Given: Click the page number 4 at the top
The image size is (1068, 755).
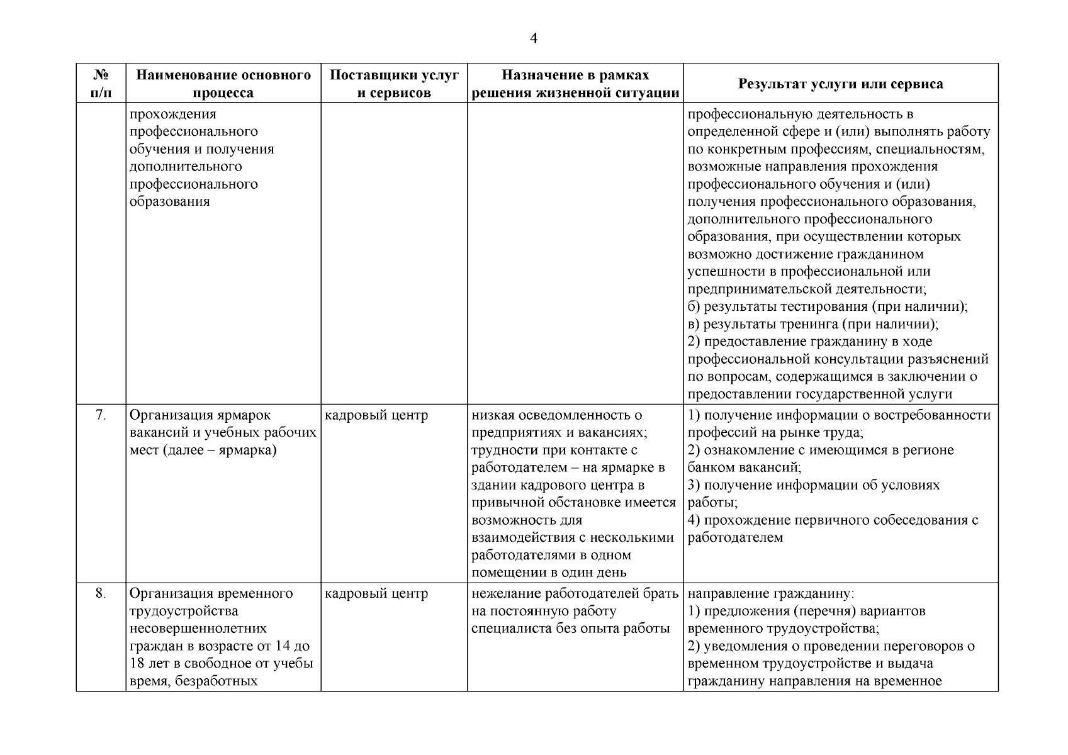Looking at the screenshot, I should click(x=534, y=39).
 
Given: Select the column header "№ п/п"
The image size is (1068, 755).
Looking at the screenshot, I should click(x=101, y=84).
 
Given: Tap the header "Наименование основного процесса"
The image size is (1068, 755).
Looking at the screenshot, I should click(x=223, y=84).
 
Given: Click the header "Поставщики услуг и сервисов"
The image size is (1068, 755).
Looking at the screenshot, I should click(x=394, y=84).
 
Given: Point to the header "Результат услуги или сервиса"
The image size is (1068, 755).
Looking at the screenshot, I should click(x=840, y=84).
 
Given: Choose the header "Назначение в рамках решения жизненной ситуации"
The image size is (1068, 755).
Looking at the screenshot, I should click(x=575, y=84).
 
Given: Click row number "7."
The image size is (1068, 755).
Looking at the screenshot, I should click(x=101, y=415).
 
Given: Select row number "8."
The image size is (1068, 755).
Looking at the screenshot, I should click(x=101, y=593).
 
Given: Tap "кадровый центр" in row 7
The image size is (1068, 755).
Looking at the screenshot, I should click(x=376, y=415).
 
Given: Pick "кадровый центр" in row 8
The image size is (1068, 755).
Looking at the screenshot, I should click(x=376, y=593).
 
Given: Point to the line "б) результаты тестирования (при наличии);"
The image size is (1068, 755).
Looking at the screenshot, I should click(x=827, y=307).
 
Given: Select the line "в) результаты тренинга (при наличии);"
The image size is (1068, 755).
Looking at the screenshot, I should click(x=812, y=325).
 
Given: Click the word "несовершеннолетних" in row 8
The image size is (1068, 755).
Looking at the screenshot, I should click(x=198, y=629).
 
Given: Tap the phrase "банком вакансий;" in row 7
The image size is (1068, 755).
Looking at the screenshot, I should click(x=744, y=467).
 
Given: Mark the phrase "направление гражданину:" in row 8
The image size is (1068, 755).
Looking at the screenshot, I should click(x=771, y=593).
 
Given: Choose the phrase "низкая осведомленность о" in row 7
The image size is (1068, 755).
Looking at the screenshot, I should click(x=556, y=415).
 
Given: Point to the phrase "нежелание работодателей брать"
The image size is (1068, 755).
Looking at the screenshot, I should click(x=575, y=593).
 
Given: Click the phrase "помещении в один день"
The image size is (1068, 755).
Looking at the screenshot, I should click(x=549, y=573).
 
